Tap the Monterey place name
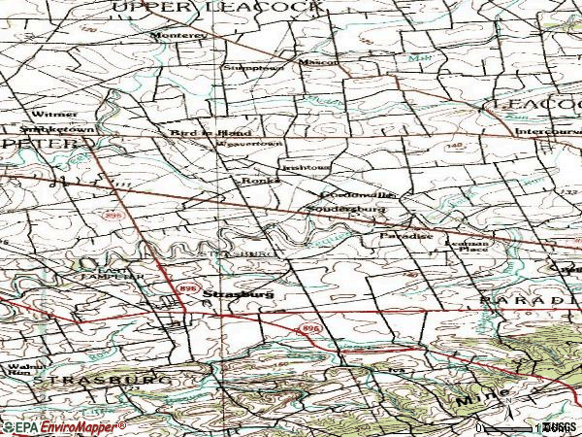178,35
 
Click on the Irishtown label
306,167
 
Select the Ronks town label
255,181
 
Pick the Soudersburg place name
346,209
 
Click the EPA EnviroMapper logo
63,426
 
